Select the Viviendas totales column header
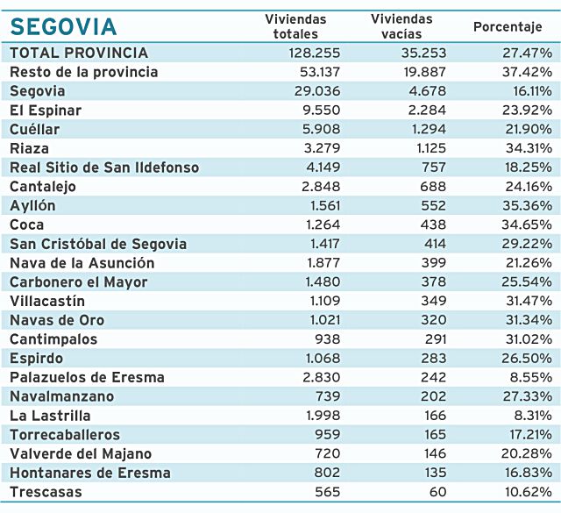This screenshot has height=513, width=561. click(295, 25)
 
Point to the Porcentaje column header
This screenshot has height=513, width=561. click(508, 26)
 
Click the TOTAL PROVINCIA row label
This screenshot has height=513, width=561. click(79, 53)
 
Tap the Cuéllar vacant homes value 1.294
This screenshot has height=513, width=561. click(424, 129)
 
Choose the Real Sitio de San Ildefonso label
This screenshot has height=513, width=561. click(104, 167)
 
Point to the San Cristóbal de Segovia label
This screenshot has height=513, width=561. click(97, 244)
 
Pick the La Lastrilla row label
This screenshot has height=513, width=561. click(50, 416)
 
